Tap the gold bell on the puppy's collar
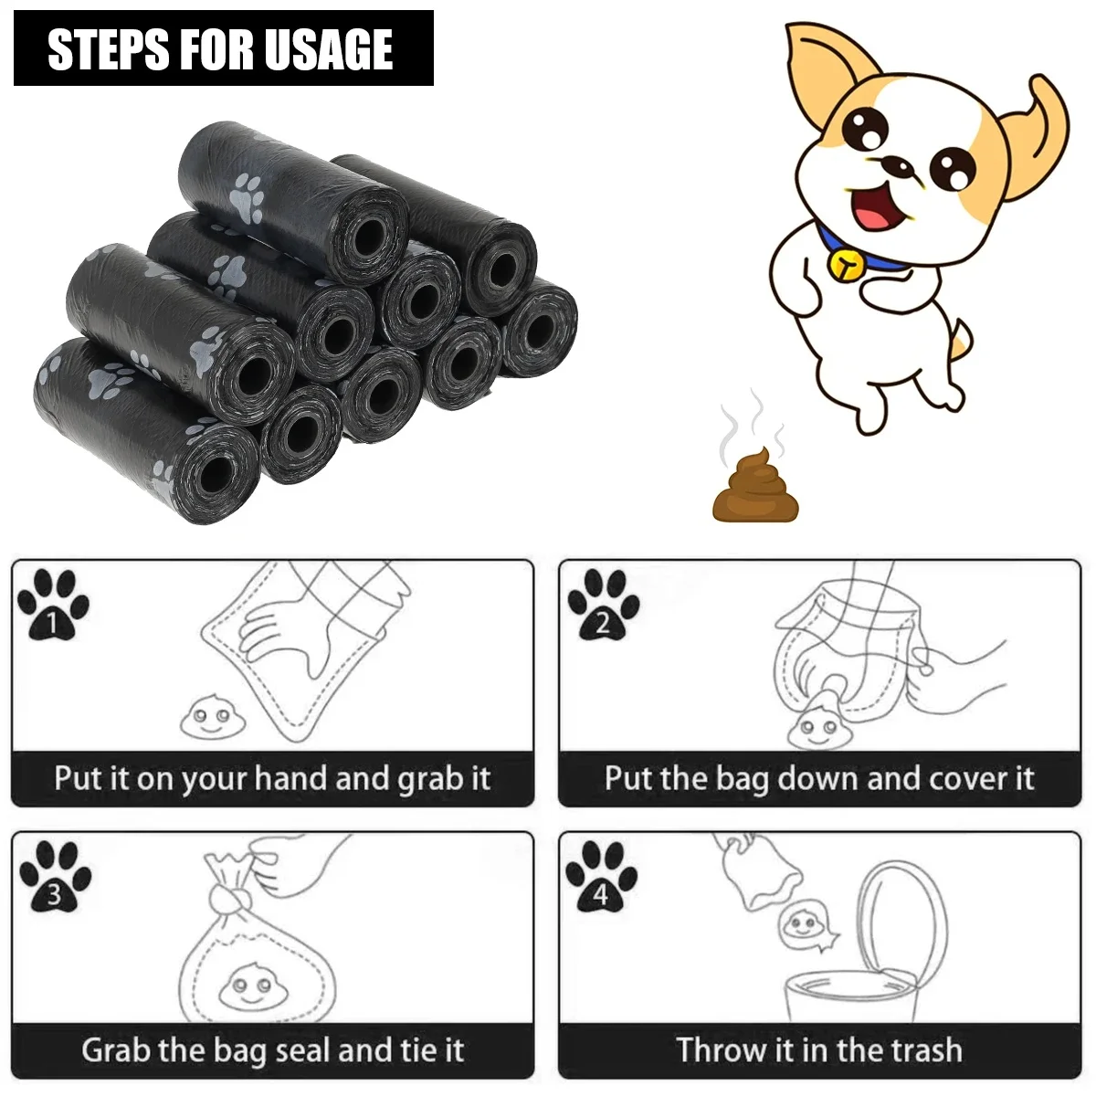click(845, 263)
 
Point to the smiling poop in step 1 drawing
click(204, 719)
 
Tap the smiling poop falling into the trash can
click(804, 927)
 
